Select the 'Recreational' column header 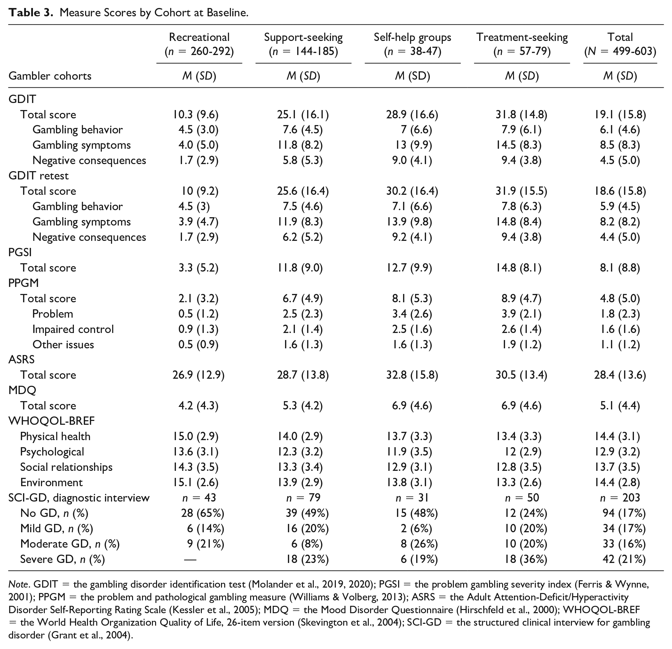tap(199, 37)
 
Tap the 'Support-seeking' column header tap(304, 37)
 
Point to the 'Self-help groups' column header tap(413, 37)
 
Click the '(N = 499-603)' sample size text tap(620, 51)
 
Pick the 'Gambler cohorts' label tap(50, 76)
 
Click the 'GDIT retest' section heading tap(38, 176)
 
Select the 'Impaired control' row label tap(73, 329)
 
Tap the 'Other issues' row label tap(63, 344)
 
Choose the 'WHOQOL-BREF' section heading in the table tap(51, 421)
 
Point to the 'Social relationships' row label tap(66, 467)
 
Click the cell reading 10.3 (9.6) tap(195, 115)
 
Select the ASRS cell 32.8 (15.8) tap(412, 375)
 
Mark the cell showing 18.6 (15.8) tap(620, 191)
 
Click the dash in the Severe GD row tap(190, 559)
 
